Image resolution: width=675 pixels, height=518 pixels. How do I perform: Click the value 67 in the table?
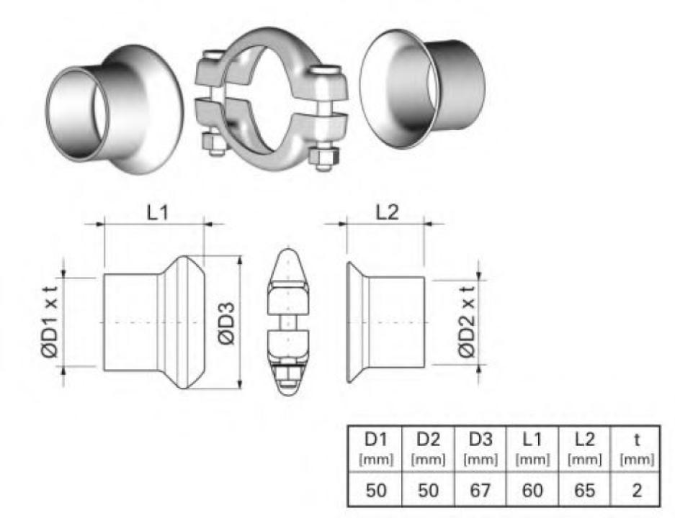pos(480,490)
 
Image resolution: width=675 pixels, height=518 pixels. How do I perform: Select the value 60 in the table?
pos(532,490)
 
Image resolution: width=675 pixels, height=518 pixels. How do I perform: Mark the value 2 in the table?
pos(636,490)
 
